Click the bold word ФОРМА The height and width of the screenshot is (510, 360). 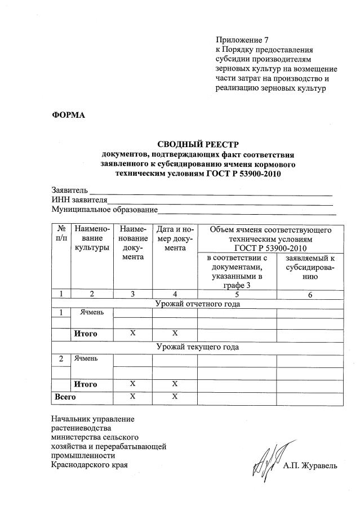pos(68,115)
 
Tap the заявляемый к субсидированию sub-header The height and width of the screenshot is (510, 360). pos(310,267)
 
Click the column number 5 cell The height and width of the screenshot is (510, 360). pos(237,294)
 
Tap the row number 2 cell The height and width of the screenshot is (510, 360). pos(61,358)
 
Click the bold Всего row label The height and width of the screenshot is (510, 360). pos(64,397)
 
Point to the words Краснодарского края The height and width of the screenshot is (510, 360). pos(89,465)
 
